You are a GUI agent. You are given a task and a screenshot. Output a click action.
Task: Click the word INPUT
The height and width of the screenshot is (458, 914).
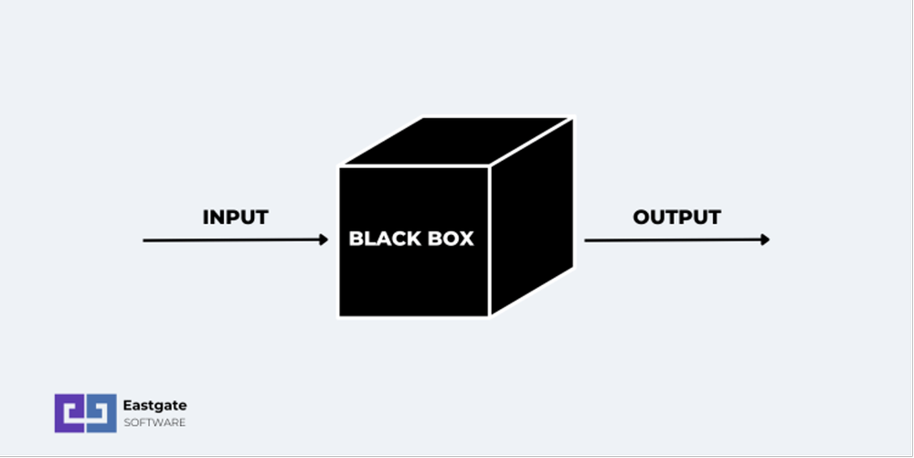click(x=235, y=218)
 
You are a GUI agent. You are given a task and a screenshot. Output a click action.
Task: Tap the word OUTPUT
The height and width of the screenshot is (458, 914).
click(x=676, y=218)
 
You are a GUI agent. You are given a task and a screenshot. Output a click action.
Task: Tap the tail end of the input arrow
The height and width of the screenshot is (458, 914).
click(x=145, y=240)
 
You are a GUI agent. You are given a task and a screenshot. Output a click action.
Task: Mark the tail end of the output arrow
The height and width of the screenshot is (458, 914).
click(x=587, y=240)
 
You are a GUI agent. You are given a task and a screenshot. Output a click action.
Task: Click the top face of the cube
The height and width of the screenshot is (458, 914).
click(x=457, y=143)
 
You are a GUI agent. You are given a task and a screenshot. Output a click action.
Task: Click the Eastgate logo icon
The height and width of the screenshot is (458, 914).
click(x=85, y=412)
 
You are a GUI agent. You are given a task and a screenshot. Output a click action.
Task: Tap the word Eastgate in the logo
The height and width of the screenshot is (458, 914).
click(x=154, y=404)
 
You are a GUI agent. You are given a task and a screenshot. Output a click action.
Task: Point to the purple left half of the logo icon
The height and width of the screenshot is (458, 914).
click(x=69, y=412)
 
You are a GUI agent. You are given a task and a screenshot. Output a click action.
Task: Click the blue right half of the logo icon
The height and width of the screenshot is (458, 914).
click(x=101, y=412)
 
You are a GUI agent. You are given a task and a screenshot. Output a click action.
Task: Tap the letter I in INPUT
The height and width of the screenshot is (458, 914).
click(x=206, y=218)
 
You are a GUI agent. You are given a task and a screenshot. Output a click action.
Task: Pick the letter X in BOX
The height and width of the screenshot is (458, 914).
click(x=466, y=240)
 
